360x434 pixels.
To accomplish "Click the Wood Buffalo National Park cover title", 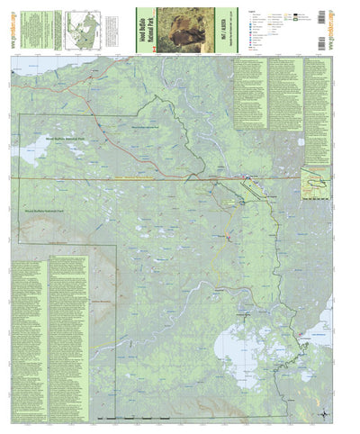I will (141, 28).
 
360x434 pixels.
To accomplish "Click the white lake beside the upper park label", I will (25, 153).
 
